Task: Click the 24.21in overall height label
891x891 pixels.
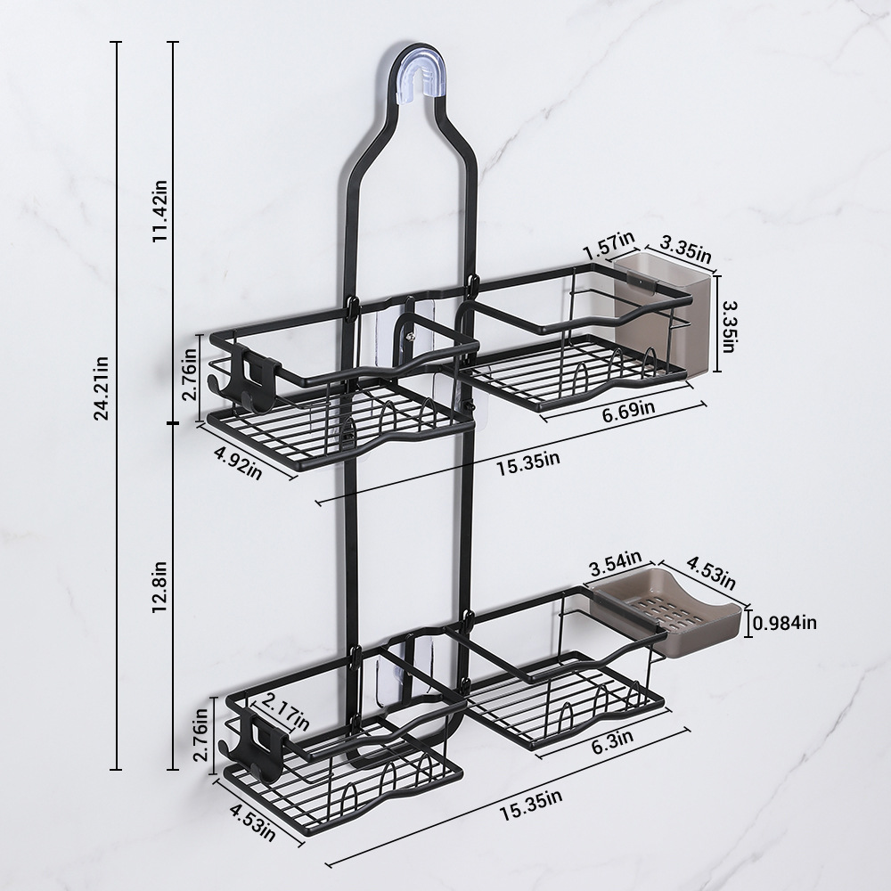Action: pyautogui.click(x=102, y=388)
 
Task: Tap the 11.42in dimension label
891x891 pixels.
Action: pyautogui.click(x=159, y=211)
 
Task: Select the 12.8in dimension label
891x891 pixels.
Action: pyautogui.click(x=159, y=587)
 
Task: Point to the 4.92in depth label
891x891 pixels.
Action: pyautogui.click(x=238, y=462)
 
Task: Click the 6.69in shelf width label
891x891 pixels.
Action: pyautogui.click(x=628, y=409)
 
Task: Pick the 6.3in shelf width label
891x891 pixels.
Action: pyautogui.click(x=613, y=742)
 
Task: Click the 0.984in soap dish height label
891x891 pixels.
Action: pyautogui.click(x=785, y=624)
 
